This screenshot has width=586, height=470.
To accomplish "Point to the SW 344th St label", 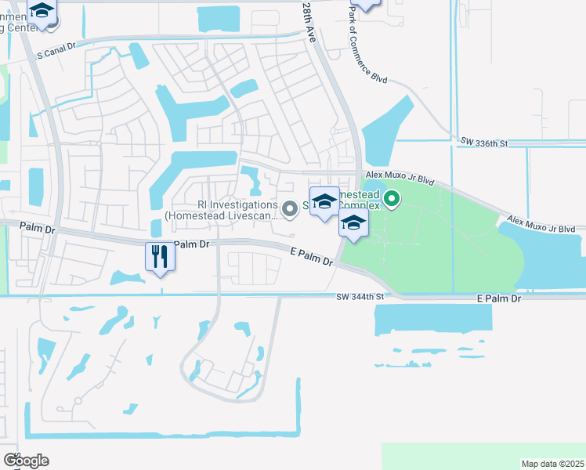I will (361, 297).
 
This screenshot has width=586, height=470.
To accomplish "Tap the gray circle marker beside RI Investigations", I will (290, 208).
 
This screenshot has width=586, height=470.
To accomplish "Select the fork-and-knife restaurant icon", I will (160, 255).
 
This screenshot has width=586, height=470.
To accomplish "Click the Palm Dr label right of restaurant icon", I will (191, 244).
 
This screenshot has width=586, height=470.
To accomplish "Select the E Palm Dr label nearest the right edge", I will (498, 298).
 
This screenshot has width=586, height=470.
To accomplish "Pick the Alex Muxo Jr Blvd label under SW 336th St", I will (400, 178).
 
